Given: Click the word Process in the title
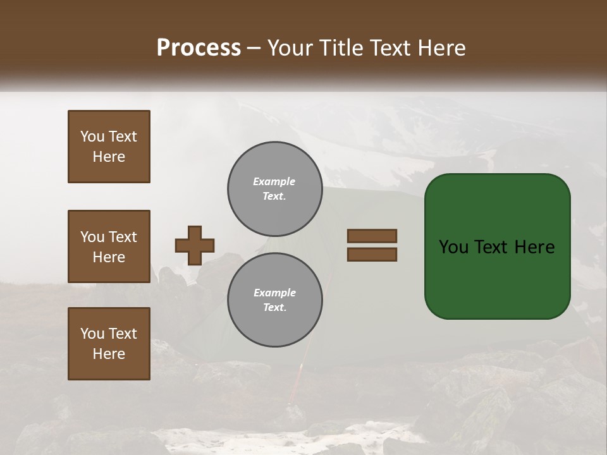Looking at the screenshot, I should (x=199, y=48).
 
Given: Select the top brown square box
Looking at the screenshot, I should (x=109, y=147).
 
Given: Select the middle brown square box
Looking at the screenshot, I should (x=109, y=246).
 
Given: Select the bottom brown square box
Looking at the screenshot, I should (x=109, y=344).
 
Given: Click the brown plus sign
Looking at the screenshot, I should (x=194, y=245).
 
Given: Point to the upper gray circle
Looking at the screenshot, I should (x=274, y=189).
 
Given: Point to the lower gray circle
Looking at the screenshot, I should (x=274, y=300).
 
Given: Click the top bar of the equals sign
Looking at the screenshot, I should (x=372, y=236).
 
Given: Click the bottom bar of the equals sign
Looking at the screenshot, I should (x=372, y=255).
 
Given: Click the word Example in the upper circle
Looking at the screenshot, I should (x=274, y=181).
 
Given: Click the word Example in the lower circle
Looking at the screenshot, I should (x=274, y=293).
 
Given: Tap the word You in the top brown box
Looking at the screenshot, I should (x=91, y=136).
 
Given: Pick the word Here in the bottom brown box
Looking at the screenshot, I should (x=109, y=354).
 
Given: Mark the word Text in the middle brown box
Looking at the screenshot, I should (x=121, y=237).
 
